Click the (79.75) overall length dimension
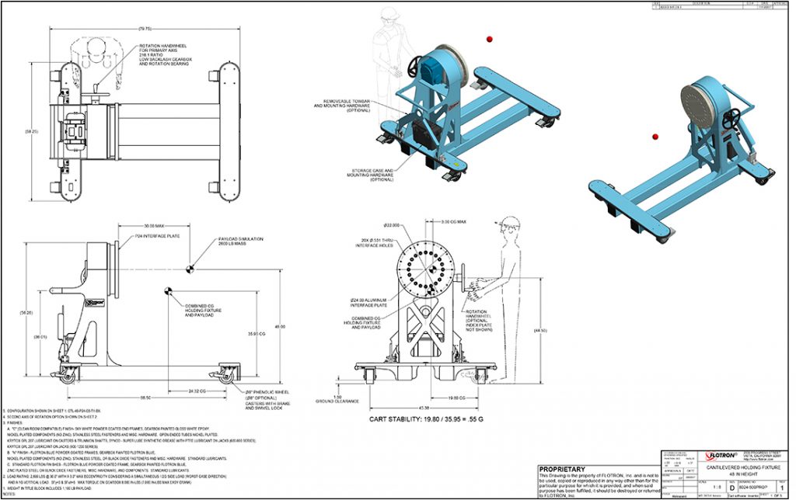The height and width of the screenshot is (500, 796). coord(145,28)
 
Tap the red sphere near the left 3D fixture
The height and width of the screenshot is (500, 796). coord(490,38)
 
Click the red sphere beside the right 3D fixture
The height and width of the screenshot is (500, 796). coord(655,136)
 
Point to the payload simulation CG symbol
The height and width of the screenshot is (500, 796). coord(190,269)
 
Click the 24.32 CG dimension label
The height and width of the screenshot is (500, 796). coord(198,390)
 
